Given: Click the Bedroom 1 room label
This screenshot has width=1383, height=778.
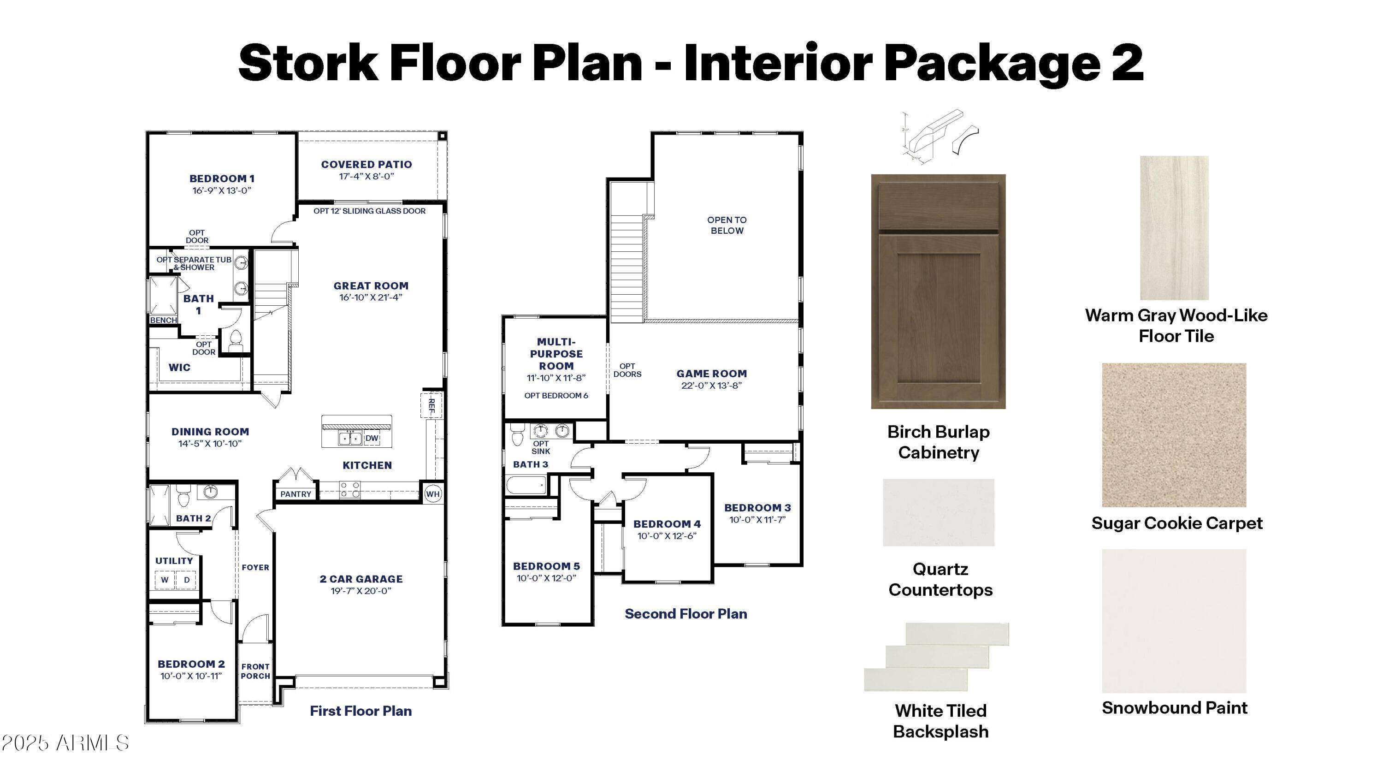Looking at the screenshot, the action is pyautogui.click(x=222, y=179).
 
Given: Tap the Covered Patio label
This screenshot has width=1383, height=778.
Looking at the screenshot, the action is pyautogui.click(x=366, y=165).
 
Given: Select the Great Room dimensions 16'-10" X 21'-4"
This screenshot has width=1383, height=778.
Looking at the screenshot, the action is pyautogui.click(x=371, y=297).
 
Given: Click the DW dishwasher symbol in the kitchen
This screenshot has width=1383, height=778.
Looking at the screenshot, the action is pyautogui.click(x=372, y=438).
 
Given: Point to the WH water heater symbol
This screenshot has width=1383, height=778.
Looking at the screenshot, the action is pyautogui.click(x=433, y=494).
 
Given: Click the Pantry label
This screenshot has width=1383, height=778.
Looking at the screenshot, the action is pyautogui.click(x=296, y=494).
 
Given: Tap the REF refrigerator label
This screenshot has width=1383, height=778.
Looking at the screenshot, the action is pyautogui.click(x=431, y=406).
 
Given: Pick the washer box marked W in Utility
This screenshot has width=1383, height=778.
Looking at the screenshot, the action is pyautogui.click(x=165, y=580).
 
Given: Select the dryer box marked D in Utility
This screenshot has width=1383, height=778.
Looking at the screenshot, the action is pyautogui.click(x=186, y=580).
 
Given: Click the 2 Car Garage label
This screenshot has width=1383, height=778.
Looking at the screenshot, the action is pyautogui.click(x=361, y=579).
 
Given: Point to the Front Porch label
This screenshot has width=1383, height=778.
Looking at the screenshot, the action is pyautogui.click(x=255, y=671).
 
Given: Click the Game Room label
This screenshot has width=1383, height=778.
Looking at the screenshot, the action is pyautogui.click(x=711, y=374).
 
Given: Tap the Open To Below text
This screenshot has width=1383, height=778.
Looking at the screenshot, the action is pyautogui.click(x=727, y=225).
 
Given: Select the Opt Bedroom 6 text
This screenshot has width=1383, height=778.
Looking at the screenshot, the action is pyautogui.click(x=556, y=396).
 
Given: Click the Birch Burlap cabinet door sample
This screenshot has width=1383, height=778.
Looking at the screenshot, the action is pyautogui.click(x=938, y=291).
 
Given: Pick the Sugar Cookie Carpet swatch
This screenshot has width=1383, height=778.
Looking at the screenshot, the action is pyautogui.click(x=1174, y=435).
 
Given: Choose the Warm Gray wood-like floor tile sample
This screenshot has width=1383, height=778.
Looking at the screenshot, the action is pyautogui.click(x=1174, y=228).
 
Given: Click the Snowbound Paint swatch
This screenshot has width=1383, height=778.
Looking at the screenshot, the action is pyautogui.click(x=1174, y=621).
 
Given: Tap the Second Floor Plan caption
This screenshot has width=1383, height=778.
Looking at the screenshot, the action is pyautogui.click(x=686, y=614).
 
